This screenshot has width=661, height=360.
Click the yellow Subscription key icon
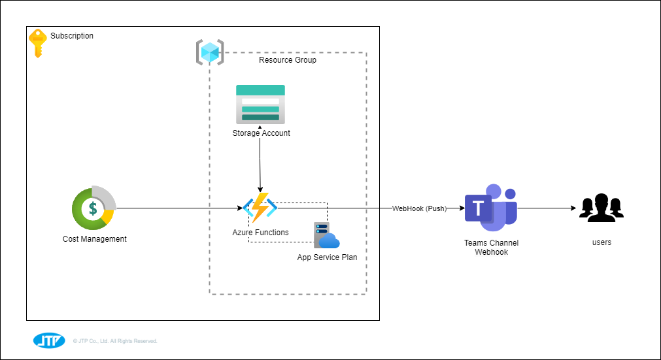37,42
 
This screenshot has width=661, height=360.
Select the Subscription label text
72,36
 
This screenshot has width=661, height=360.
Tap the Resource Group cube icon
210,52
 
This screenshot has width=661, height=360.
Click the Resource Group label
288,60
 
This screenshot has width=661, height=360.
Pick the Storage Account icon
260,104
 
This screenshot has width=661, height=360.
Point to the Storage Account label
261,133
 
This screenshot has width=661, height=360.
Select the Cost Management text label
95,239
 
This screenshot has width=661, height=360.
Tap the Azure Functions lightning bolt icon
260,208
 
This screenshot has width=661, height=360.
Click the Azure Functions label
260,233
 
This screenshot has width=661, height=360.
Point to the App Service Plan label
327,257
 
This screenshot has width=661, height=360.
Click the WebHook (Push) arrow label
419,209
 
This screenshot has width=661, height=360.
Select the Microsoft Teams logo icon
490,208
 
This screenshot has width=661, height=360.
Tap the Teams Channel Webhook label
491,247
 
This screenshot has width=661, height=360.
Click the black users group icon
601,208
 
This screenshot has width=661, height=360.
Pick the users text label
602,242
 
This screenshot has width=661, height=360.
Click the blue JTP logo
49,340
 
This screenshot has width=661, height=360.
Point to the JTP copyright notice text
115,341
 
